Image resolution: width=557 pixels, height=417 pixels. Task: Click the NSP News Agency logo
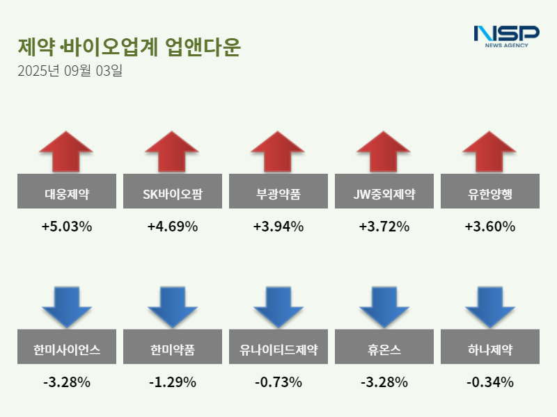click(506, 36)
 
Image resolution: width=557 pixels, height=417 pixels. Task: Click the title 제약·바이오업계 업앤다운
click(129, 47)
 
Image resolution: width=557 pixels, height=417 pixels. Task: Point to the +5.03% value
click(66, 227)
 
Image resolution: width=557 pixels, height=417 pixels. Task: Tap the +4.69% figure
click(172, 227)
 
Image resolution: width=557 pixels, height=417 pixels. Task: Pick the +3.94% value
click(278, 227)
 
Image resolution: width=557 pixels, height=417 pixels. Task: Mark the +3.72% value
click(384, 227)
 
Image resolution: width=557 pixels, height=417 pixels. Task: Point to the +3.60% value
click(489, 227)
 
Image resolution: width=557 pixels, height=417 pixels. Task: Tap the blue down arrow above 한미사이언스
click(66, 306)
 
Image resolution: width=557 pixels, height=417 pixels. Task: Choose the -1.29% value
click(172, 382)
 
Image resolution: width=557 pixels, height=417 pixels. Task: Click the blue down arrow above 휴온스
click(384, 306)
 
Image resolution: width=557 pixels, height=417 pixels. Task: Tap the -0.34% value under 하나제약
click(489, 382)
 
